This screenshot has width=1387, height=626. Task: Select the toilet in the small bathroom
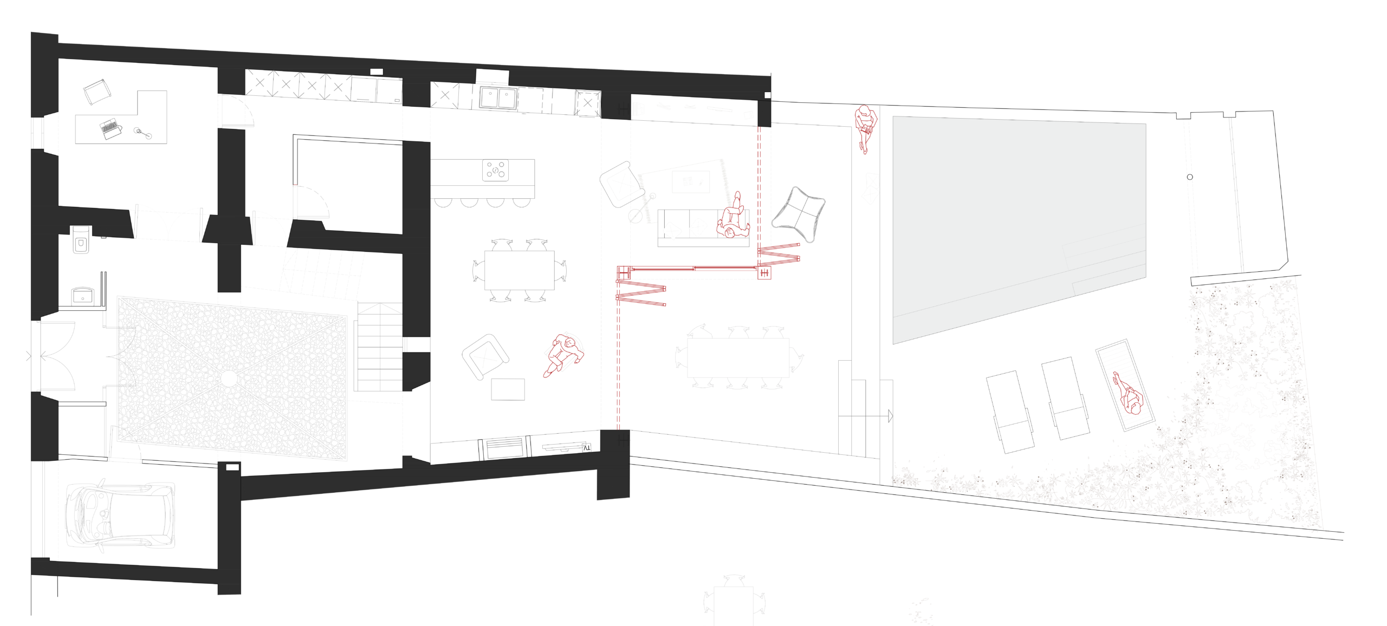81,240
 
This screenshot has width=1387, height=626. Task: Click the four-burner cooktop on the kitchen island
496,169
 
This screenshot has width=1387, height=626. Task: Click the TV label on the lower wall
586,448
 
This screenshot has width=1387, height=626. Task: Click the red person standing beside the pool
865,129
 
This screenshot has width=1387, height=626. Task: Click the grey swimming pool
1019,228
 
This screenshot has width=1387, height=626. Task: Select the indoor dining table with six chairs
519,270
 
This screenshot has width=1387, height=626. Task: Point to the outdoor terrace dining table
738,358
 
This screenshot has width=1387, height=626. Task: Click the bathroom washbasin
82,296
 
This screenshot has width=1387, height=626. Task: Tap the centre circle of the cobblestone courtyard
229,379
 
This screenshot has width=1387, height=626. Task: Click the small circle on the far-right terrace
1190,177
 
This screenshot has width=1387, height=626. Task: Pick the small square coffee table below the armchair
508,389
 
